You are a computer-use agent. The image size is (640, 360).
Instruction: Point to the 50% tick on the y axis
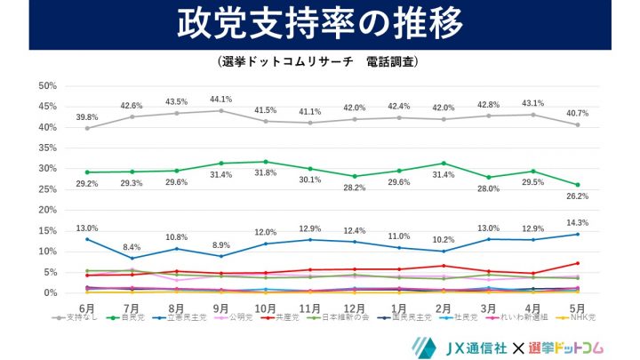point(47,86)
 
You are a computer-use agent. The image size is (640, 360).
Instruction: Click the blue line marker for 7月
point(132,258)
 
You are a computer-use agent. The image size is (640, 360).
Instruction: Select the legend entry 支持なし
point(75,316)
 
